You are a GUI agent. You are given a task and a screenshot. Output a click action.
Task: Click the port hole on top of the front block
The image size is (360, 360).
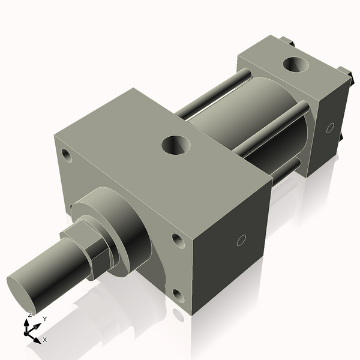pyautogui.click(x=176, y=144)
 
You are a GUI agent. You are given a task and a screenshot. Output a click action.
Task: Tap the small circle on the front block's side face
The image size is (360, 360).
pyautogui.click(x=241, y=241)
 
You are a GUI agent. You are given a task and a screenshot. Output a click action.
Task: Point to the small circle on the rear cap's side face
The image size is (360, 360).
pyautogui.click(x=329, y=128)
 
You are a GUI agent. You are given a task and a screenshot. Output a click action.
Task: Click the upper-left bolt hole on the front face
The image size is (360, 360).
pyautogui.click(x=65, y=155)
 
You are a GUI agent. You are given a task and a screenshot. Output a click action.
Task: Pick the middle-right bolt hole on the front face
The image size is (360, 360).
pyautogui.click(x=178, y=240)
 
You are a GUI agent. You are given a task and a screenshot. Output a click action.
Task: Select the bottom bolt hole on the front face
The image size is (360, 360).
pyautogui.click(x=178, y=295)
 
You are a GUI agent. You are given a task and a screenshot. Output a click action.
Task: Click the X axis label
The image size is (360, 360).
pyautogui.click(x=45, y=340)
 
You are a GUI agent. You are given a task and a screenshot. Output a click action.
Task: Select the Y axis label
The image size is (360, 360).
pyautogui.click(x=44, y=319)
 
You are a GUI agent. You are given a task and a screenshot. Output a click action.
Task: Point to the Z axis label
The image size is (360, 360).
pyautogui.click(x=30, y=314)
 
